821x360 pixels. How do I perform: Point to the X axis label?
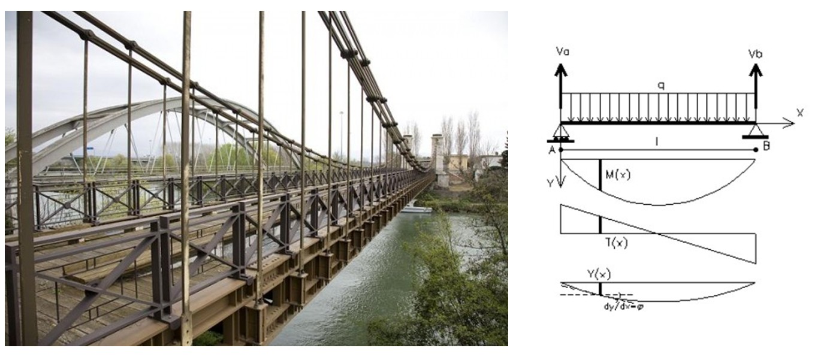pyautogui.click(x=799, y=113)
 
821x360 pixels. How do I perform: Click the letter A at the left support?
pyautogui.click(x=553, y=150)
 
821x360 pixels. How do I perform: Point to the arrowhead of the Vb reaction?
pyautogui.click(x=756, y=69)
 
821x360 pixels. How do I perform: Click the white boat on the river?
pyautogui.click(x=417, y=209)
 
